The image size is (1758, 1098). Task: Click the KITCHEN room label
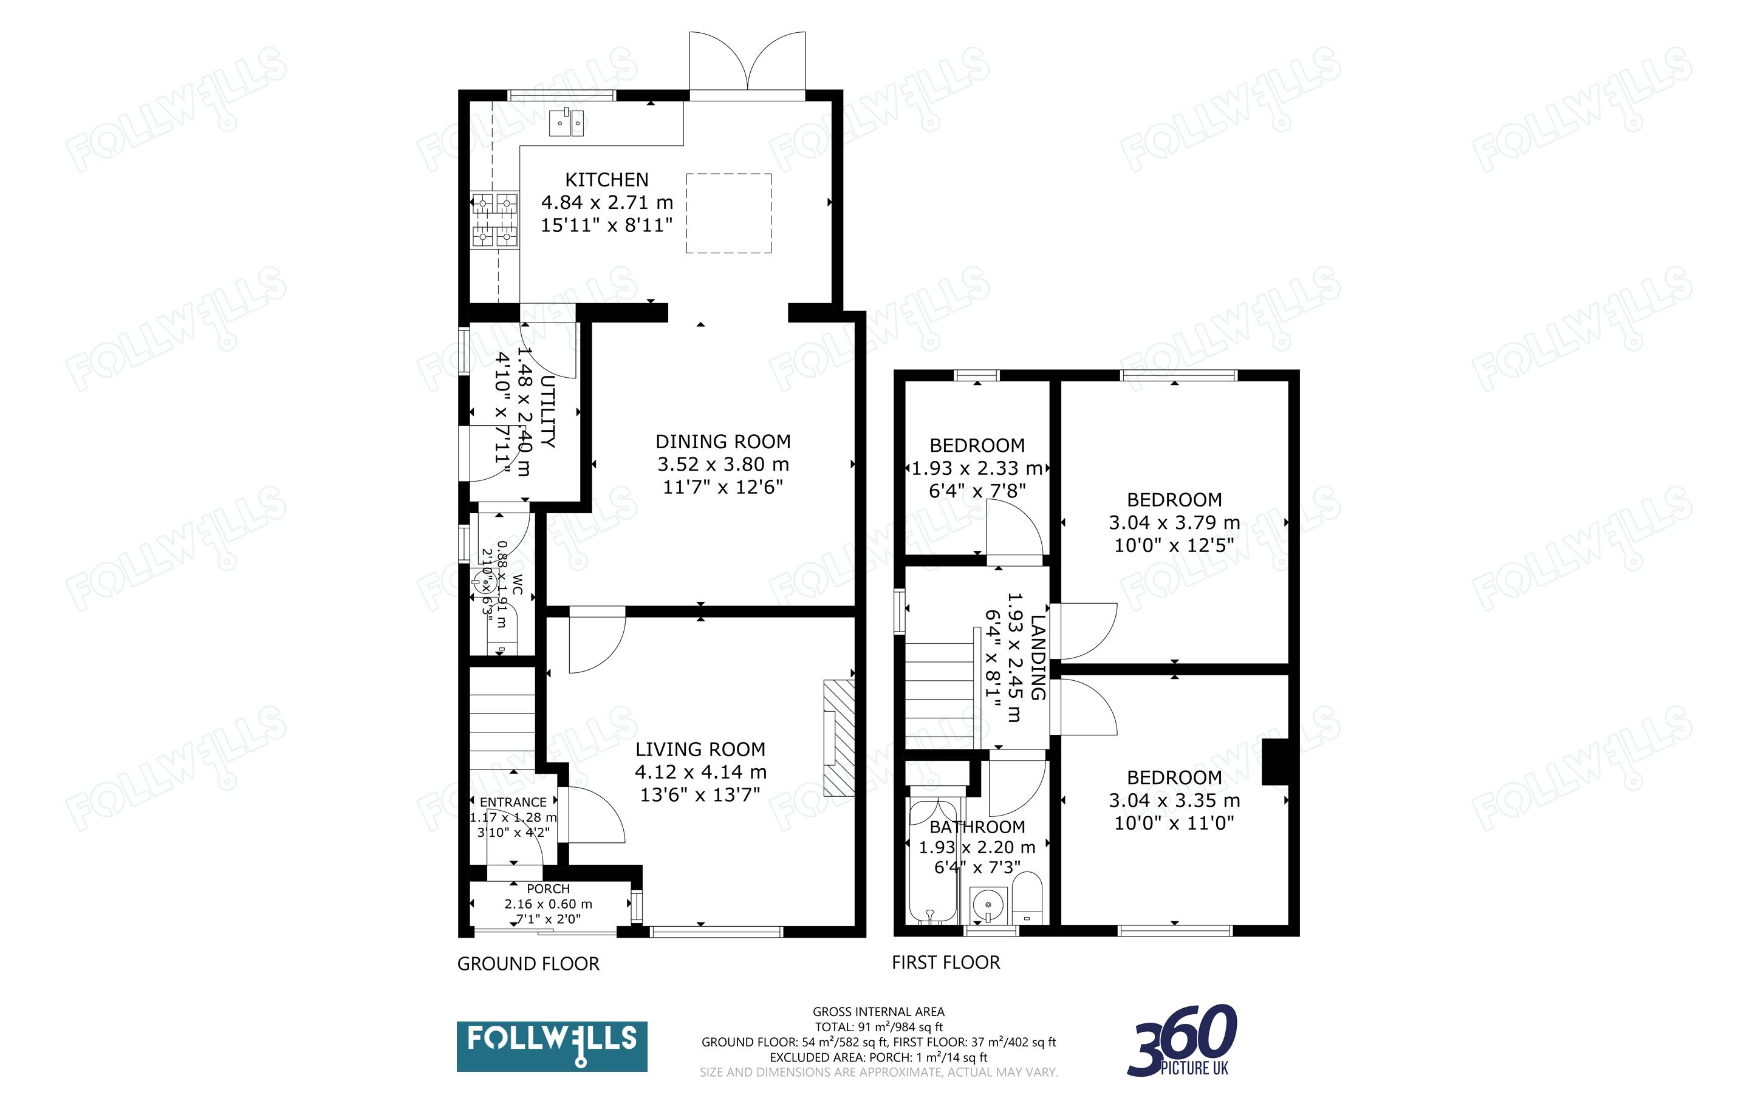pyautogui.click(x=606, y=179)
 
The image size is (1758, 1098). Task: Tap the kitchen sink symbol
pyautogui.click(x=566, y=122)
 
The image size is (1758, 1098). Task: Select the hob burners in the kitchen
pyautogui.click(x=494, y=219)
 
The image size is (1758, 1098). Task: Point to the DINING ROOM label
pyautogui.click(x=722, y=442)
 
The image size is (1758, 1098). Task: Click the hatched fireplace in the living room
pyautogui.click(x=839, y=737)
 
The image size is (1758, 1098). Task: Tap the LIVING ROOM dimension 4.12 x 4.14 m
pyautogui.click(x=700, y=772)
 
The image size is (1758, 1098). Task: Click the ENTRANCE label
pyautogui.click(x=513, y=802)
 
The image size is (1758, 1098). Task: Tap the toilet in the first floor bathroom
pyautogui.click(x=1027, y=898)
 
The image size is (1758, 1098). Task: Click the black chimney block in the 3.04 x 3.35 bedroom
pyautogui.click(x=1275, y=762)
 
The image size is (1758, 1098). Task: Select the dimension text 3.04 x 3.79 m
pyautogui.click(x=1174, y=523)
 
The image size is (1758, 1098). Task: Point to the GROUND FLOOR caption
pyautogui.click(x=528, y=964)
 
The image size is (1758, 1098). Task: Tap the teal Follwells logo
pyautogui.click(x=552, y=1046)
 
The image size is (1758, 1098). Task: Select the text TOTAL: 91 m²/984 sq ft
pyautogui.click(x=878, y=1027)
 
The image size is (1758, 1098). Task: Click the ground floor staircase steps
pyautogui.click(x=502, y=719)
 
